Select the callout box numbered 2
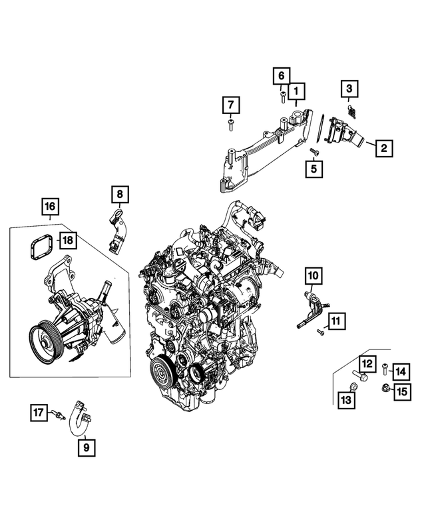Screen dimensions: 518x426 (x=383, y=148)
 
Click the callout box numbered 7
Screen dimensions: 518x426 (x=230, y=105)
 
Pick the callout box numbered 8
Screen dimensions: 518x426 (x=119, y=193)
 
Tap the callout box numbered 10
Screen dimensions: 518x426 (x=314, y=275)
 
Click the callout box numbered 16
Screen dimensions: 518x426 (x=50, y=207)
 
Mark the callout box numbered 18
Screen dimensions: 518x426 (x=68, y=239)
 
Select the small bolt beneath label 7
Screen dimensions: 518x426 (x=230, y=125)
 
